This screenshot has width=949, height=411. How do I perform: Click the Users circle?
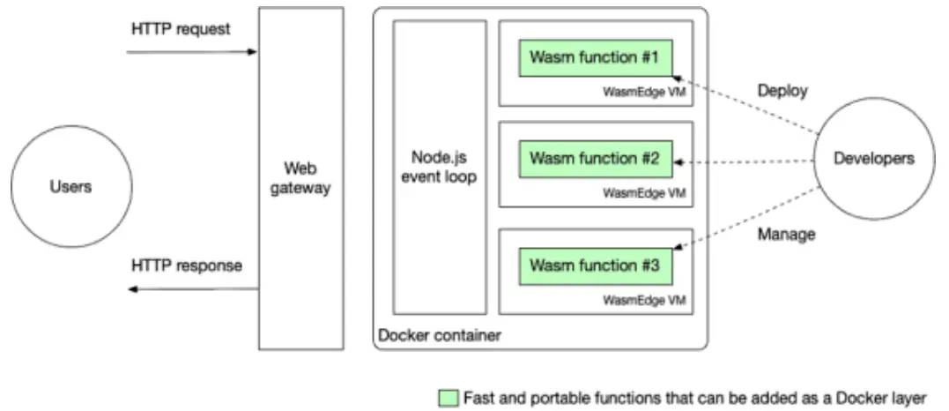coord(70,187)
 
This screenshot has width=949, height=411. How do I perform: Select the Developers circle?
coord(873,159)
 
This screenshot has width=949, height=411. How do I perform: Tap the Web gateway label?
coord(300,177)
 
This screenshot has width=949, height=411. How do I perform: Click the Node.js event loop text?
coord(439,168)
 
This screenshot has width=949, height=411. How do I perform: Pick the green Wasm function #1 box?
coord(595,58)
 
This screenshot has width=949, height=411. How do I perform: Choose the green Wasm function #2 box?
coord(595,160)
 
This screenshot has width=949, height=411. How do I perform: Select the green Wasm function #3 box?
coord(595,265)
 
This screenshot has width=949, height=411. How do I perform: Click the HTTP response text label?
coord(186,265)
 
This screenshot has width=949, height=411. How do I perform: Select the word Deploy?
coord(782,91)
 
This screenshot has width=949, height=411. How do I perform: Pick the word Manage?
coord(785,235)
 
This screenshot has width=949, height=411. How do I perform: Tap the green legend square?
coord(449,399)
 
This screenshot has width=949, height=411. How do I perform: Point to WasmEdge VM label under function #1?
coord(644,92)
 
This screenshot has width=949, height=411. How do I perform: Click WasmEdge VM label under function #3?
coord(644,300)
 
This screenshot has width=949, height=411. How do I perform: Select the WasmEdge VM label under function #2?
coord(644,193)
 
